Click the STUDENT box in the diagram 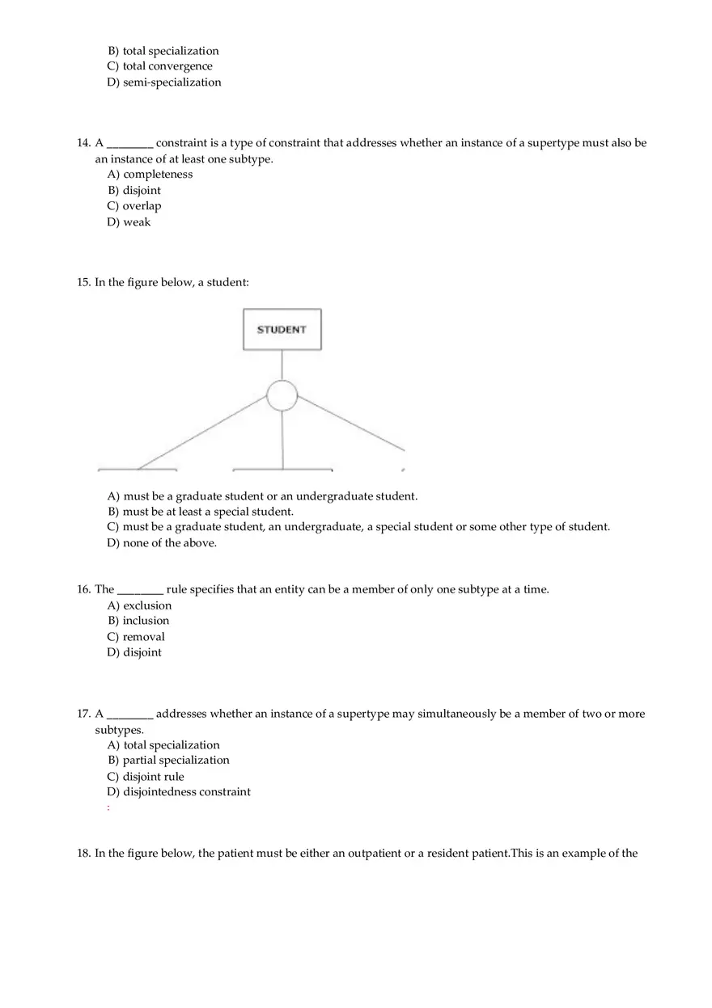point(282,329)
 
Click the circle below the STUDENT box point(282,395)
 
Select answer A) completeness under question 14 point(150,175)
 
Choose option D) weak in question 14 point(129,222)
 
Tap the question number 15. point(83,283)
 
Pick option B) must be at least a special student point(200,512)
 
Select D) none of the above point(162,543)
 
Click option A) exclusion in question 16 point(139,605)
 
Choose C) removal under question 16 point(136,637)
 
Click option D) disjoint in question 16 point(134,652)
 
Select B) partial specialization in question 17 point(168,761)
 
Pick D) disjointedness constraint point(179,792)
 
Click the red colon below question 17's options point(108,808)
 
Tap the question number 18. point(83,854)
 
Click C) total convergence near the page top point(159,66)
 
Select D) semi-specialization point(163,82)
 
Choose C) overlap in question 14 point(134,206)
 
